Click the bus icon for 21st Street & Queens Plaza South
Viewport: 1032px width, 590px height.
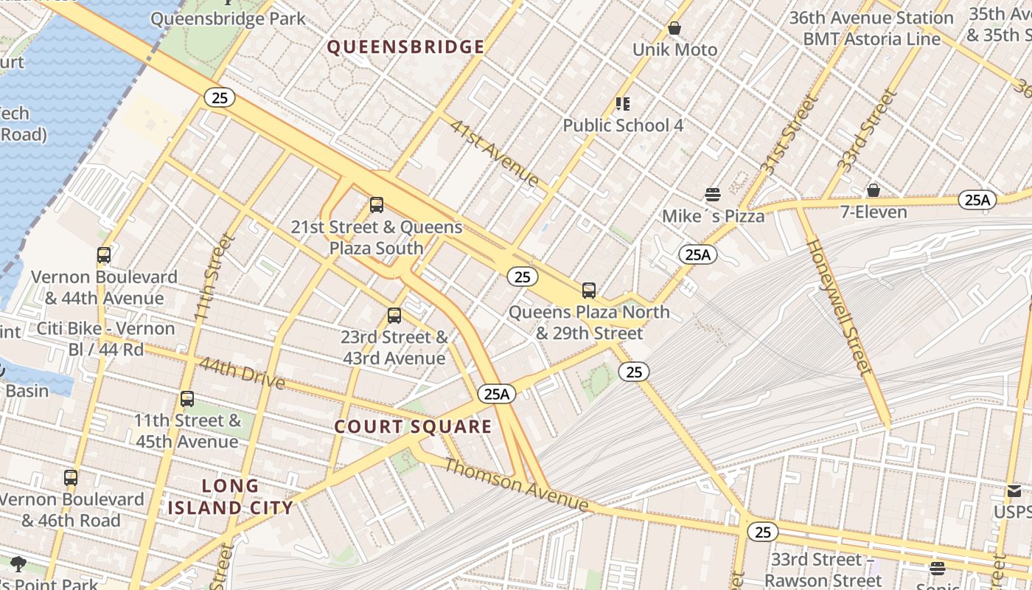[377, 204]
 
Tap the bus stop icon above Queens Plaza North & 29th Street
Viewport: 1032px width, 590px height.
[588, 290]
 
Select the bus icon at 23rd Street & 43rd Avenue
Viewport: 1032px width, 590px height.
[394, 316]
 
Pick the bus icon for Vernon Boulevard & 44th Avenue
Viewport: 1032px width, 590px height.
[104, 255]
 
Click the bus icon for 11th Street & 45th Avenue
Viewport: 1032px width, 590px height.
[187, 399]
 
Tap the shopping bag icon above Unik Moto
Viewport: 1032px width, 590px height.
[674, 29]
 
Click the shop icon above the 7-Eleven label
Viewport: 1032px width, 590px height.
[873, 191]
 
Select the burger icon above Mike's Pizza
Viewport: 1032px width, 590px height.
[712, 195]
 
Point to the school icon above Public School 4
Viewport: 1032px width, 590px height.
[623, 104]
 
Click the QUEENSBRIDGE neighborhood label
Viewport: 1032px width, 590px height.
[405, 47]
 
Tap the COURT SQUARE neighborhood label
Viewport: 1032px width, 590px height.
[413, 426]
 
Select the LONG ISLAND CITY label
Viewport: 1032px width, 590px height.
[230, 496]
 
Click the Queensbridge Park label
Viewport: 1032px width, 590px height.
[228, 18]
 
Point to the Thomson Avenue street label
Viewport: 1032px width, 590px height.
[516, 485]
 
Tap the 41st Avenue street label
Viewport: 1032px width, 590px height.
[495, 153]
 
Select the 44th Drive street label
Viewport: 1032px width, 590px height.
[241, 372]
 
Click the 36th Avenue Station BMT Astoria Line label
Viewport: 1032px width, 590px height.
[871, 28]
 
